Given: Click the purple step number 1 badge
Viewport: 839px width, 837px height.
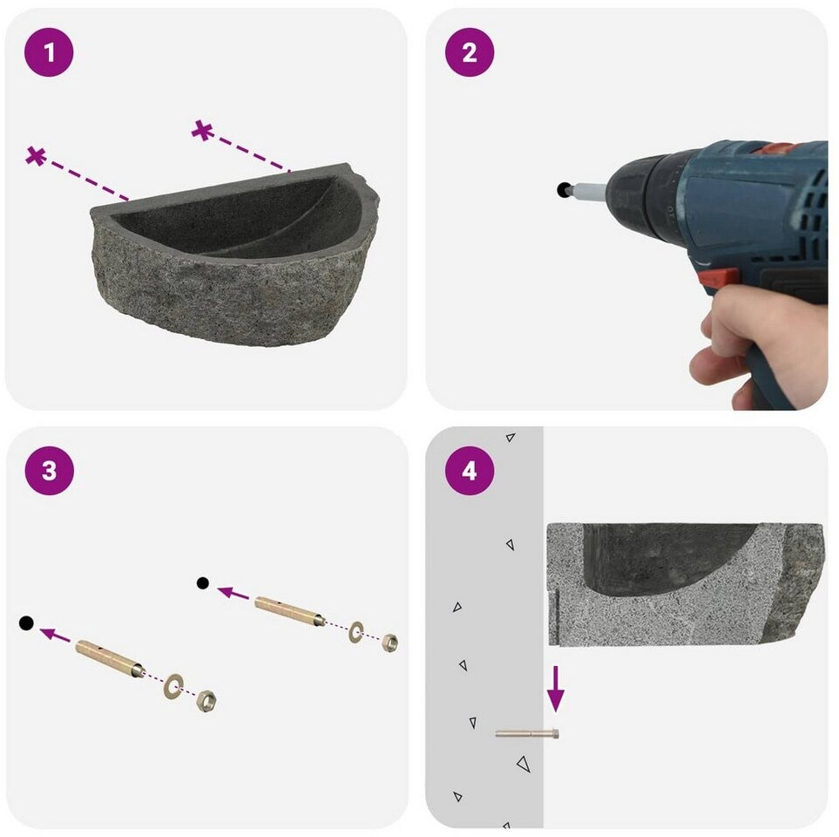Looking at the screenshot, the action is [x=49, y=52].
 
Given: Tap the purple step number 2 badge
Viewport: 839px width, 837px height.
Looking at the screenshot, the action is [x=470, y=52].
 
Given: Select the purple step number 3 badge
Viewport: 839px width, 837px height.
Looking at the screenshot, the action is [x=50, y=471].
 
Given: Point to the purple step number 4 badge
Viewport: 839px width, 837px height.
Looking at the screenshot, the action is [x=470, y=471].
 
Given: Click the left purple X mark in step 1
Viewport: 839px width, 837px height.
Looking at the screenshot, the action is [x=36, y=156].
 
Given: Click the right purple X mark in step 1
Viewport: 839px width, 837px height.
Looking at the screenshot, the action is [x=203, y=130].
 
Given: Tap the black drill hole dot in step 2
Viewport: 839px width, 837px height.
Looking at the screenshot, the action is [x=564, y=189].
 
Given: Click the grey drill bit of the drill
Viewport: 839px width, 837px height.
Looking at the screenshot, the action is [x=590, y=189].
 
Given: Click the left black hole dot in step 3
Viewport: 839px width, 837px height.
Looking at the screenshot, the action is [x=26, y=623].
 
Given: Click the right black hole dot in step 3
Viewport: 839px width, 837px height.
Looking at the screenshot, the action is [x=203, y=583].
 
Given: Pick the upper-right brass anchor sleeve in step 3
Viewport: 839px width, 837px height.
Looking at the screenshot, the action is [x=289, y=611].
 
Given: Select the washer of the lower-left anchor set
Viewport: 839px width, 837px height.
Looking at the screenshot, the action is [x=173, y=686].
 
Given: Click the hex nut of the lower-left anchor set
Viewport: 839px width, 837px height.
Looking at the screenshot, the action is [x=206, y=701].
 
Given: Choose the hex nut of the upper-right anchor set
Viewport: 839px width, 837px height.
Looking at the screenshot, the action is [x=389, y=642].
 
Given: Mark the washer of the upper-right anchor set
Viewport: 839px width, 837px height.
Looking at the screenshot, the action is [x=355, y=632].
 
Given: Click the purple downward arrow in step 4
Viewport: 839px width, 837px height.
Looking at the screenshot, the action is [x=555, y=689].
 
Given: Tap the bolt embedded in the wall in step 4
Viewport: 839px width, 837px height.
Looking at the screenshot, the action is [x=527, y=733].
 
